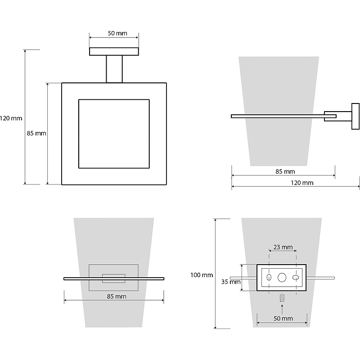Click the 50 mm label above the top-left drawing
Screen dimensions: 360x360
pos(117,33)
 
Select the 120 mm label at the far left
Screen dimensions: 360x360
pos(11,118)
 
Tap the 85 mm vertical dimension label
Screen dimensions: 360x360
pos(36,133)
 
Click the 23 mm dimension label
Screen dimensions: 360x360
pos(283,247)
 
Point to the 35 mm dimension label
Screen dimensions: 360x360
pos(231,282)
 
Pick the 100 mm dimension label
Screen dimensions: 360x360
pos(201,275)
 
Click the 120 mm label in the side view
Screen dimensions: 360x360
pos(302,183)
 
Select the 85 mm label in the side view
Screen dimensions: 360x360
pos(285,171)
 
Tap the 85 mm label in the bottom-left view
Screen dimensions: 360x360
pos(117,297)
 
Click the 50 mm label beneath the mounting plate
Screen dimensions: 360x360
pos(283,319)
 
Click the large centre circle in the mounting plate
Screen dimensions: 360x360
pos(282,277)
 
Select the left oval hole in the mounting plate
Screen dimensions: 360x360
pos(269,277)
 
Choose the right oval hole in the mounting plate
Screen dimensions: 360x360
pos(296,277)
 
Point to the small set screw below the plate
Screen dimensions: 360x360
pos(282,298)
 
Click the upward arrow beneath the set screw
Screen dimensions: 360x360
pos(282,309)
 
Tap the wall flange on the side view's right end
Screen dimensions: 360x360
pos(355,117)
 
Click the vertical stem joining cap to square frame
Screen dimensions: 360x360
pos(114,69)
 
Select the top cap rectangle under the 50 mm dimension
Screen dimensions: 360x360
pos(114,51)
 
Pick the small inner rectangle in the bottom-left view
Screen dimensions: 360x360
pos(114,279)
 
